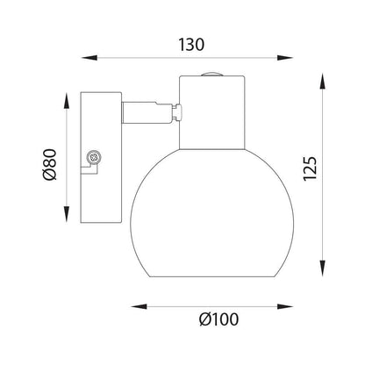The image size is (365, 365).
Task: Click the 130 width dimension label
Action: pyautogui.click(x=191, y=45)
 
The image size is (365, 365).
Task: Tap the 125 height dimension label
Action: pyautogui.click(x=310, y=168)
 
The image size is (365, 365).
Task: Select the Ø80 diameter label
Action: pyautogui.click(x=49, y=165)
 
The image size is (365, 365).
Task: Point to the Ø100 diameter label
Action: pyautogui.click(x=218, y=319)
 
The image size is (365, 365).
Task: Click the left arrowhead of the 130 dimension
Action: pyautogui.click(x=89, y=58)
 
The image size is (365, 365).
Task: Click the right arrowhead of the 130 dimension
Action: pyautogui.click(x=284, y=58)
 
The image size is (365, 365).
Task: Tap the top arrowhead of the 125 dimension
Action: pyautogui.click(x=322, y=82)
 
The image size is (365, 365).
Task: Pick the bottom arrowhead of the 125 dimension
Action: pyautogui.click(x=322, y=268)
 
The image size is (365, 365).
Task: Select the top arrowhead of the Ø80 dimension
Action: pyautogui.click(x=67, y=101)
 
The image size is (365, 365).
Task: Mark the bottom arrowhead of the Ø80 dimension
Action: pyautogui.click(x=67, y=214)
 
